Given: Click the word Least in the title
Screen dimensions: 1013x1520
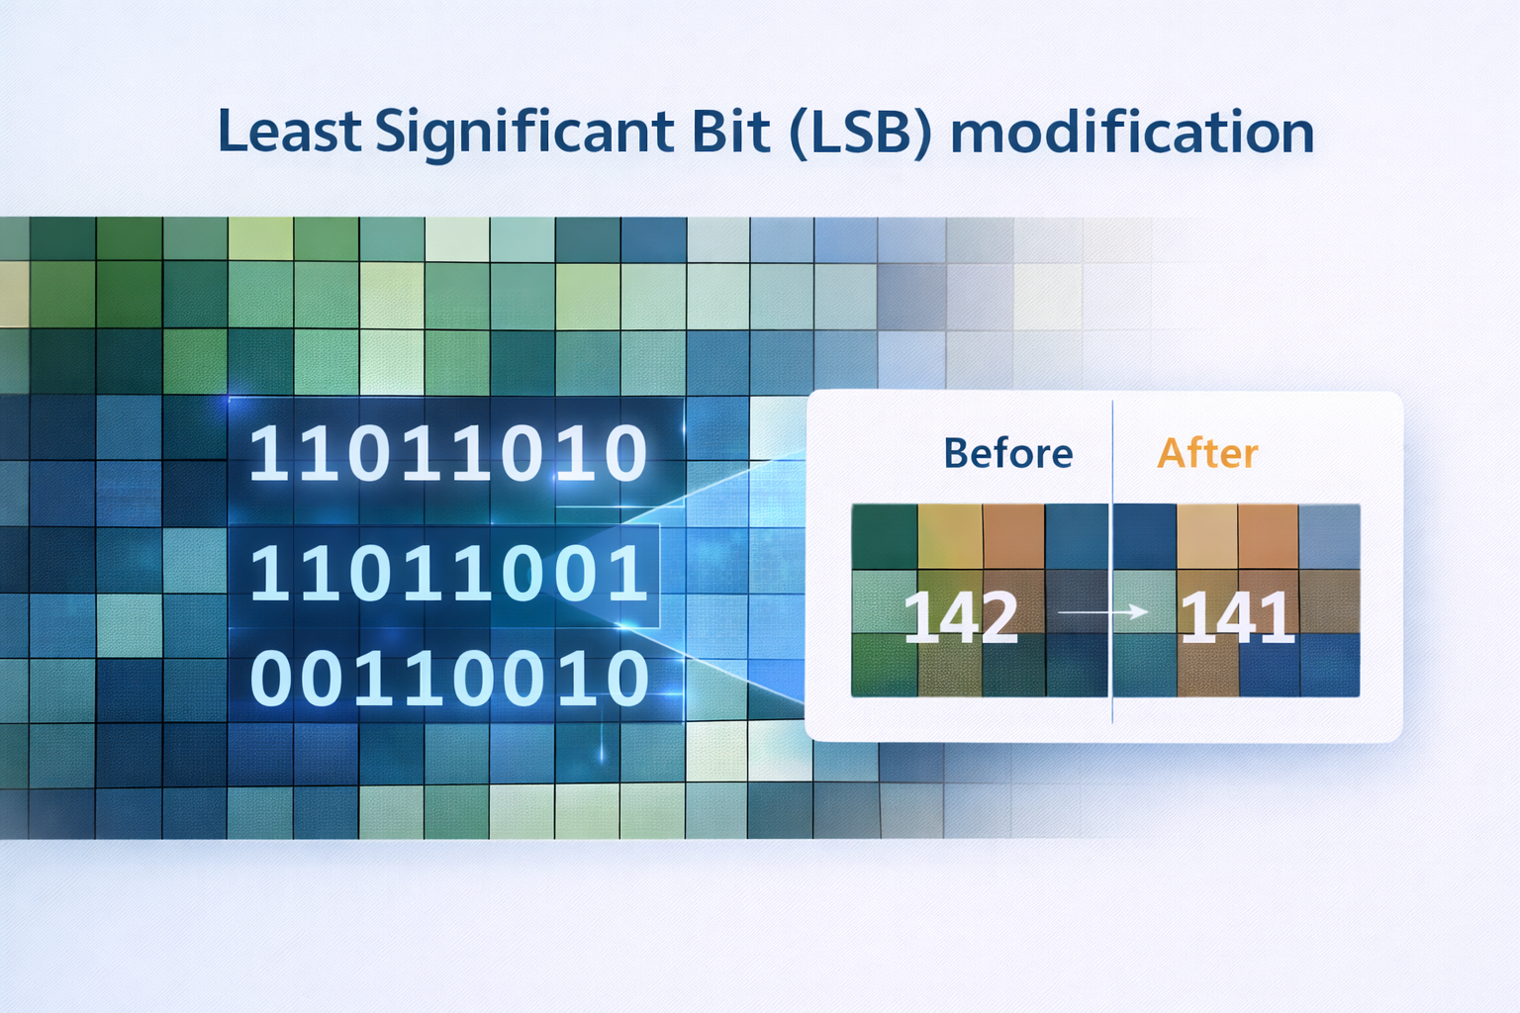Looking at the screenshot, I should click(289, 132).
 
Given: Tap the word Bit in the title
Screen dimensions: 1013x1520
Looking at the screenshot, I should click(731, 132).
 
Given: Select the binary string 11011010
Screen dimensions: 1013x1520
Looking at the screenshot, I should click(447, 454).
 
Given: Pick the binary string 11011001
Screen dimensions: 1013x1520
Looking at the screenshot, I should click(447, 575).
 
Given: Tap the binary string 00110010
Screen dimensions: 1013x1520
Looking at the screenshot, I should click(447, 680).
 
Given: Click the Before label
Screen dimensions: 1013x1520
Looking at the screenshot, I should click(1007, 454).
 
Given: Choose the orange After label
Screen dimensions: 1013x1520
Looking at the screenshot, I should click(1207, 454).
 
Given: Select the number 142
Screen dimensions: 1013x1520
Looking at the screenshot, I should click(960, 617).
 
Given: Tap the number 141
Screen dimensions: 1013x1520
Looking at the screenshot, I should click(1237, 617).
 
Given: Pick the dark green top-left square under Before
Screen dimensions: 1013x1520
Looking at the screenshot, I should click(884, 536).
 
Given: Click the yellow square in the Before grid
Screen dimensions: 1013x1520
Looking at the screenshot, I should click(950, 536).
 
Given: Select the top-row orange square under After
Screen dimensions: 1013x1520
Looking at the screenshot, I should click(1268, 536).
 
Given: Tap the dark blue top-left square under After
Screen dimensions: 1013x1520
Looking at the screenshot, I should click(1145, 536).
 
